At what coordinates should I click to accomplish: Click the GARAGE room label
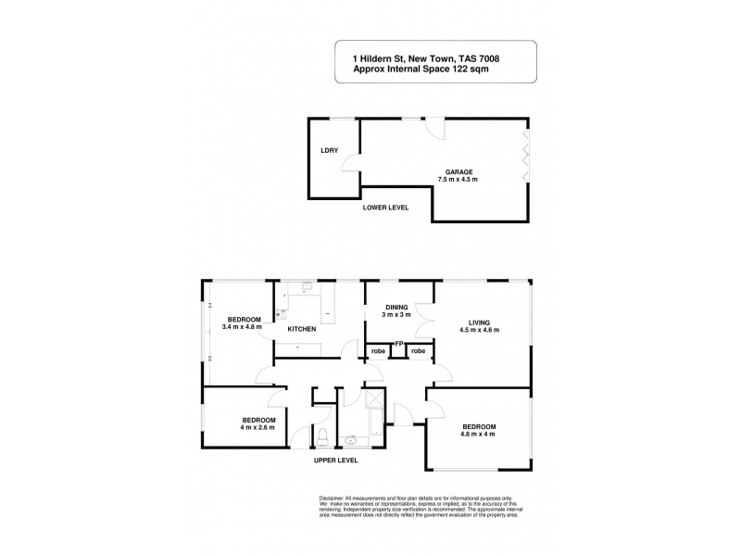[x=460, y=171]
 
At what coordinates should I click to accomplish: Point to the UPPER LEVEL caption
[x=335, y=461]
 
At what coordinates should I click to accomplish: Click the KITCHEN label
[x=302, y=329]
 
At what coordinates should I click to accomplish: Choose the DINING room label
[x=396, y=308]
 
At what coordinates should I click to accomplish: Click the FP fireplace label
[x=398, y=345]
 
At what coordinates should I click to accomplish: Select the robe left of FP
[x=379, y=351]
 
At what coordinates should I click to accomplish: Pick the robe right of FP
[x=419, y=351]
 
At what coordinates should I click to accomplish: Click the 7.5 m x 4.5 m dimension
[x=460, y=180]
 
